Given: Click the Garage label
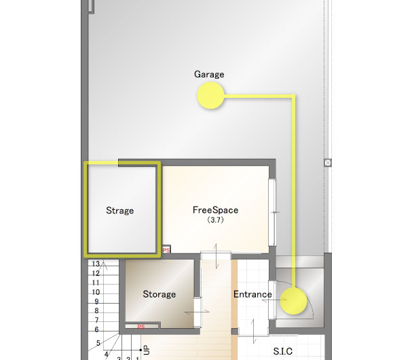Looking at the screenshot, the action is click(x=209, y=75).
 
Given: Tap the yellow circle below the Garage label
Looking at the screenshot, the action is click(x=210, y=95).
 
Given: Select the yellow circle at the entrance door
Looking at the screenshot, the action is click(x=293, y=301).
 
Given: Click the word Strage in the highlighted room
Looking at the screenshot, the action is click(x=120, y=211).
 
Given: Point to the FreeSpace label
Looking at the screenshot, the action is click(x=215, y=210).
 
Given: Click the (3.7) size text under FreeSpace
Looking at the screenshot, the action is click(x=215, y=220).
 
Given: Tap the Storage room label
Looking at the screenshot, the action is click(x=159, y=294).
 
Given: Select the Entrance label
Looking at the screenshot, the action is click(x=252, y=294).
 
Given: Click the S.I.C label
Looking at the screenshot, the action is click(x=283, y=351).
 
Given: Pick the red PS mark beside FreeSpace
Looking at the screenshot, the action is click(x=166, y=250).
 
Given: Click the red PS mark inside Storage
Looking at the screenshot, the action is click(x=141, y=327).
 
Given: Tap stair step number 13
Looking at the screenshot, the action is click(x=96, y=264).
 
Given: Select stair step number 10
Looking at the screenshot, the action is click(x=96, y=292).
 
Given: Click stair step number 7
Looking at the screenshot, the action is click(x=96, y=320).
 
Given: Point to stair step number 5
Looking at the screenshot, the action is click(x=98, y=343).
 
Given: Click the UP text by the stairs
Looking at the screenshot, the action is click(x=147, y=350).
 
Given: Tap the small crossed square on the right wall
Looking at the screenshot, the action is click(x=328, y=162).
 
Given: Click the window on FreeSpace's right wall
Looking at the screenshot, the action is click(x=272, y=212).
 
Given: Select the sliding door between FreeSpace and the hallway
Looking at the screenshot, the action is click(x=216, y=255).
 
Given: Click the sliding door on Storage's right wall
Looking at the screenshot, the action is click(x=197, y=312).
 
